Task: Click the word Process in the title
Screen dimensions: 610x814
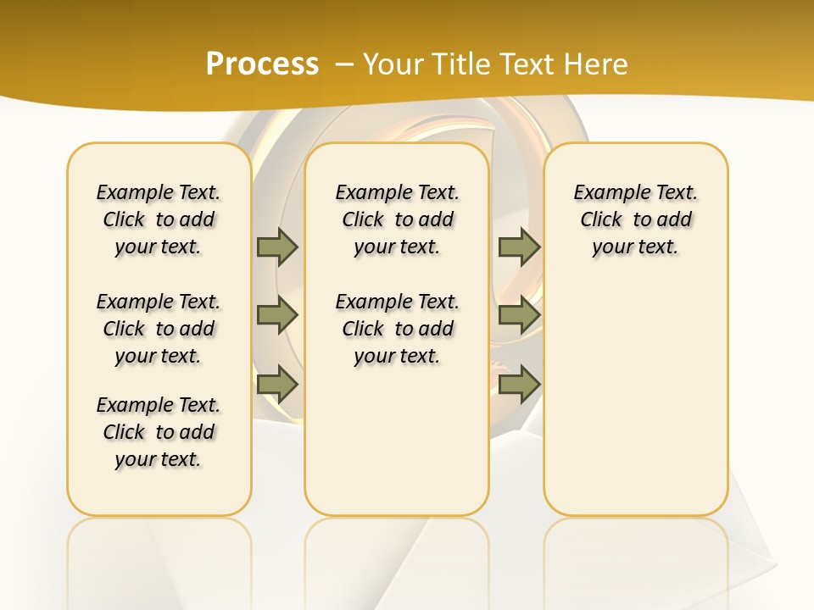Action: coord(262,64)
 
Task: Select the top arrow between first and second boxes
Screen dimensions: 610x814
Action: coord(277,247)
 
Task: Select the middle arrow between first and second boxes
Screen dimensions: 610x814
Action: coord(277,315)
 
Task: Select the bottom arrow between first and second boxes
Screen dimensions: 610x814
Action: coord(277,385)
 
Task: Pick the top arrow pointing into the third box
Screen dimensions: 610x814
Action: coord(519,247)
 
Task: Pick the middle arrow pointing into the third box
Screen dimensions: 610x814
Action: coord(519,315)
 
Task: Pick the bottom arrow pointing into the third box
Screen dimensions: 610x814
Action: coord(519,385)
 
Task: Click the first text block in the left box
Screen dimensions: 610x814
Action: coord(159,219)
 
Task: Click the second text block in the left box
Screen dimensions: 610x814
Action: coord(159,329)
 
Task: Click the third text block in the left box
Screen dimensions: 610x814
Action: coord(159,432)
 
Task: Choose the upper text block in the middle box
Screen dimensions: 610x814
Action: coord(397,219)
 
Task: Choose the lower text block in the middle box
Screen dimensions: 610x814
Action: coord(397,329)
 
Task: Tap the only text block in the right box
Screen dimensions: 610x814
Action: coord(636,219)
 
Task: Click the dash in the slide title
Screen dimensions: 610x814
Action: coord(344,64)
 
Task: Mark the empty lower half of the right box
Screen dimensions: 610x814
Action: coord(636,407)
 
